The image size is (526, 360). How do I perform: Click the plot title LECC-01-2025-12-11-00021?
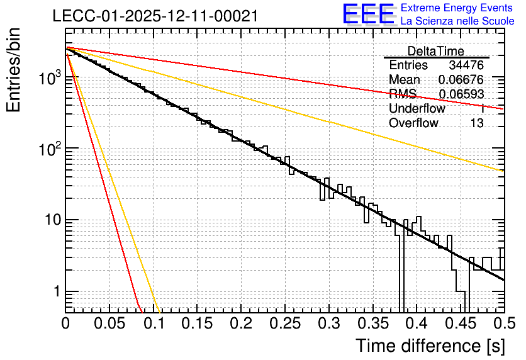point(155,16)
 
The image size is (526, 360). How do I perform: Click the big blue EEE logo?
point(369,14)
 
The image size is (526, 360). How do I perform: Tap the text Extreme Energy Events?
point(457,8)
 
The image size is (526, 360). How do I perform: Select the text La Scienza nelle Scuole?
point(457,21)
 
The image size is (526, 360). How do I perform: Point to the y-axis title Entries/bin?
point(13,70)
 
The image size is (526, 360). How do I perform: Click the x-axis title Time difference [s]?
point(430,346)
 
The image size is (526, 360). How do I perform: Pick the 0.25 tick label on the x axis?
point(285,323)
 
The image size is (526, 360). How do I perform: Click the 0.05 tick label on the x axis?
point(109,323)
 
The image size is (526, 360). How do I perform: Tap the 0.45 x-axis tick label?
point(461,323)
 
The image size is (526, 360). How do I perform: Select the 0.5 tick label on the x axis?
point(504,323)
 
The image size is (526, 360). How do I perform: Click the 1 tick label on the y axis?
point(56,291)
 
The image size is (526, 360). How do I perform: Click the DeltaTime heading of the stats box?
point(436,51)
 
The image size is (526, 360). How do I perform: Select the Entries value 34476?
point(466,65)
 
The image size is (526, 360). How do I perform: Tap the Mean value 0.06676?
point(461,79)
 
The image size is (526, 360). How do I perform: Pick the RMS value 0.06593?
point(461,94)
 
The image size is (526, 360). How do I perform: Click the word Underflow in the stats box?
point(417,108)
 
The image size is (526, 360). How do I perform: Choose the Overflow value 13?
point(477,123)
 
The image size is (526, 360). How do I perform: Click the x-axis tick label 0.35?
point(373,323)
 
